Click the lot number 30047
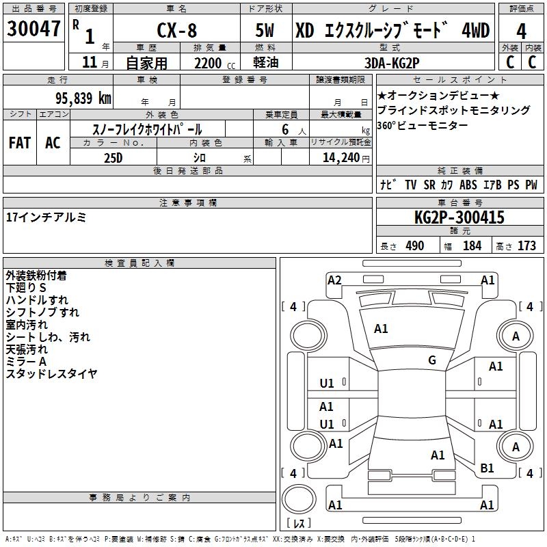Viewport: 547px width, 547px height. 34,29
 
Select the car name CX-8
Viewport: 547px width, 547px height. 177,30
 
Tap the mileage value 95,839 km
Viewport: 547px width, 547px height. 83,98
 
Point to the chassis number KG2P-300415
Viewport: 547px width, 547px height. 459,217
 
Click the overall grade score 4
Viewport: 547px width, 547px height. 521,31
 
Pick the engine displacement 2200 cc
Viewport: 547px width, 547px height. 215,64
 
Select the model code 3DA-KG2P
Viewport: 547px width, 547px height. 392,63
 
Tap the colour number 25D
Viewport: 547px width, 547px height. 114,158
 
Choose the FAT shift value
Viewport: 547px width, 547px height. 20,143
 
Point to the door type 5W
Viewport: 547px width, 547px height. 265,30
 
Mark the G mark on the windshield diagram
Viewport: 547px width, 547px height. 432,360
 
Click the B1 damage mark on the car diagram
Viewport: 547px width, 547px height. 487,468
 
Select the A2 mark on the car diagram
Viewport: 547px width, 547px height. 334,280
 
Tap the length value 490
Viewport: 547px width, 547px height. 415,246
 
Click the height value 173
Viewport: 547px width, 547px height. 526,246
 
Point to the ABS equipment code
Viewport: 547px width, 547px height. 468,185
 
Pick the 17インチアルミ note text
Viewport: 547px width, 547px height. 46,217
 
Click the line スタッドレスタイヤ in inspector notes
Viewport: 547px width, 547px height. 52,373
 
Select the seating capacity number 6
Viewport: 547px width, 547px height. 285,129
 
